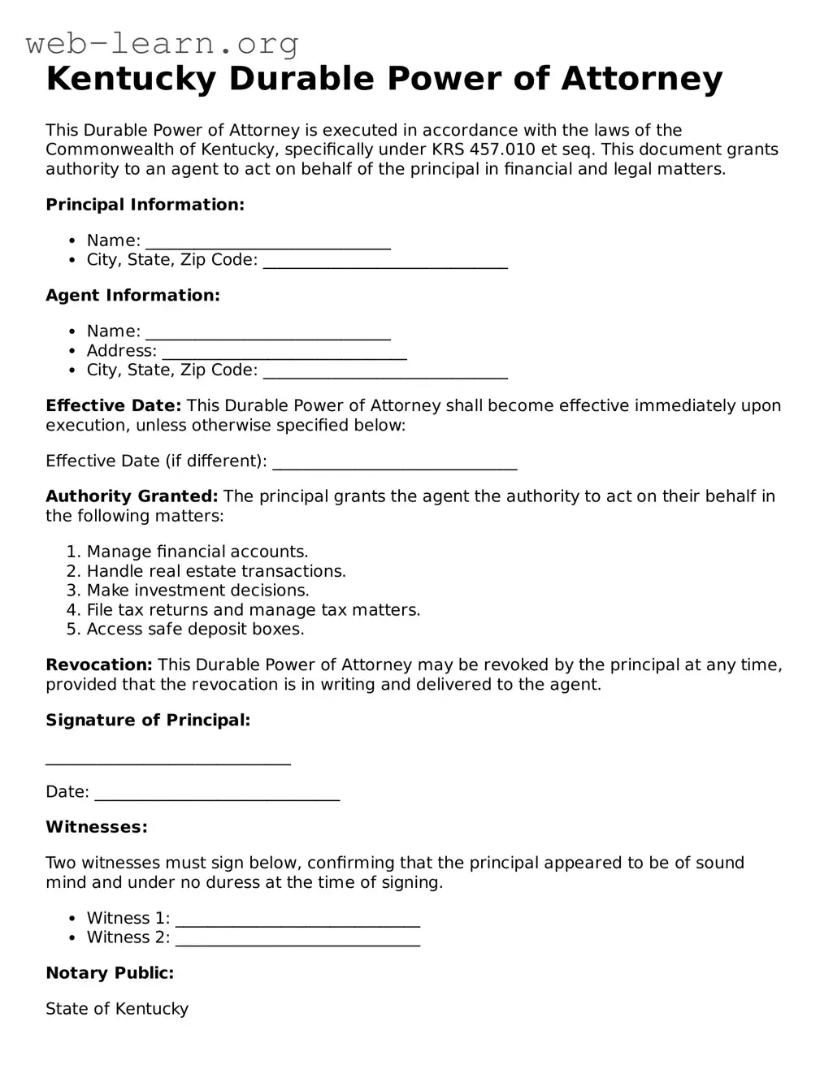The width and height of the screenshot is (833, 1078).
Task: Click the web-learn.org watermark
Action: [x=163, y=43]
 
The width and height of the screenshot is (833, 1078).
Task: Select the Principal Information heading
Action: [x=145, y=205]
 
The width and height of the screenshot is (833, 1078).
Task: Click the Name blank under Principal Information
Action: [x=268, y=242]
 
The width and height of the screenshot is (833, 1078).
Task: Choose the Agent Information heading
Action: [x=132, y=296]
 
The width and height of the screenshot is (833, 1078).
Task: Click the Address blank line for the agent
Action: [x=284, y=353]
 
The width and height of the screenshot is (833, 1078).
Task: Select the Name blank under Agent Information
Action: [x=268, y=333]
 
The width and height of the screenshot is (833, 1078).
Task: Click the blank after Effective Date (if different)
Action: [x=395, y=463]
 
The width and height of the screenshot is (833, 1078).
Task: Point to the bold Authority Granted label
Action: [x=132, y=496]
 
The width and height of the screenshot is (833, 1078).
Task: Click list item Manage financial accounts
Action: [x=197, y=552]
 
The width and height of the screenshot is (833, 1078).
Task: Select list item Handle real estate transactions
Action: [x=216, y=572]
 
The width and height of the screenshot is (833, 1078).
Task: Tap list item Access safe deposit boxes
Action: [x=195, y=630]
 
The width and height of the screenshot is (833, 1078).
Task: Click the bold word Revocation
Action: [x=99, y=665]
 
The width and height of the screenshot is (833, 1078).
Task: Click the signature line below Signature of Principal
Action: [x=168, y=760]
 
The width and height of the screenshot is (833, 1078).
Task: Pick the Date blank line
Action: [x=217, y=794]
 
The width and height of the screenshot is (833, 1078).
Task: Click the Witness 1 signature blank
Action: [x=297, y=920]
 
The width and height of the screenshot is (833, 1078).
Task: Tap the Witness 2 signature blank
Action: [x=297, y=940]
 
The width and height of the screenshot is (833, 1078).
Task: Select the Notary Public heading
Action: [x=110, y=973]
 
